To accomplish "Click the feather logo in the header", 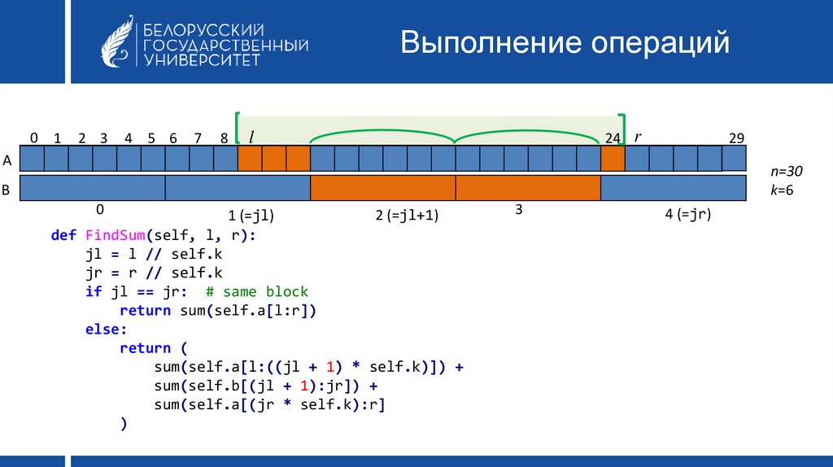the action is [x=117, y=41].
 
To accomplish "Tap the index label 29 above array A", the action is [x=736, y=138].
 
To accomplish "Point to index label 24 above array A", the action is [x=613, y=138].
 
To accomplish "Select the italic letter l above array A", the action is [x=251, y=137].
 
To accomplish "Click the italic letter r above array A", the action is [x=638, y=137].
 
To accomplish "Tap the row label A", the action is [x=7, y=160].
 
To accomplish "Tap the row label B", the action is [x=6, y=190].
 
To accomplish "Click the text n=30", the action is [x=787, y=171].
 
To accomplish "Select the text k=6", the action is [x=782, y=190].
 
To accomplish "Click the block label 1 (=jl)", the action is [x=251, y=215].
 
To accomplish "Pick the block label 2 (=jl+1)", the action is [x=407, y=215].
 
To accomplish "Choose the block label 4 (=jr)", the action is [x=688, y=214].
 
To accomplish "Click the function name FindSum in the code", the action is [x=116, y=235].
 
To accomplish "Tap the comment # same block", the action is [x=257, y=292].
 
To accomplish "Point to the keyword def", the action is [x=63, y=235].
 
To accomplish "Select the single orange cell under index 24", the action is [x=613, y=159].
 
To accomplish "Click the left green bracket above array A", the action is [x=238, y=128].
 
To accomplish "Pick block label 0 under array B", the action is [x=100, y=210].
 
